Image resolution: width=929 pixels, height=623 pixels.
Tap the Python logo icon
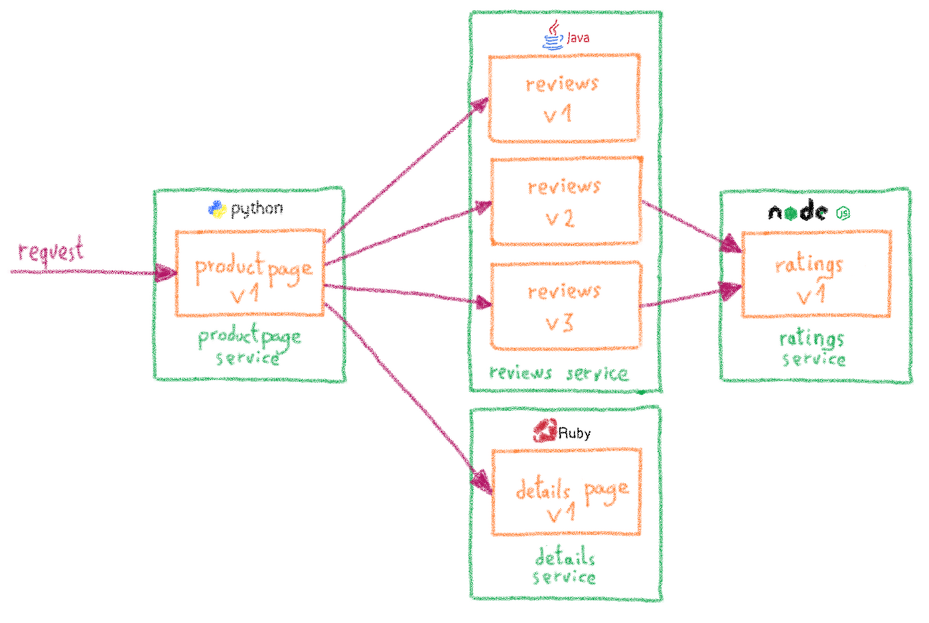click(x=217, y=209)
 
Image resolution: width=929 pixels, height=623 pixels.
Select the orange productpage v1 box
click(x=250, y=273)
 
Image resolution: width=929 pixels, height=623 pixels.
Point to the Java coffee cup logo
click(x=553, y=35)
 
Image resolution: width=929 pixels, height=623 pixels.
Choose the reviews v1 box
click(x=563, y=98)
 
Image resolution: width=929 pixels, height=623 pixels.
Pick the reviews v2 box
click(x=566, y=201)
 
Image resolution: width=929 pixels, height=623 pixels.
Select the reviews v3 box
click(x=566, y=306)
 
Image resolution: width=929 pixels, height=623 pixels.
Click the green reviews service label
click(x=558, y=374)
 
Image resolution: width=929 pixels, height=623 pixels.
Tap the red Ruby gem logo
click(x=545, y=431)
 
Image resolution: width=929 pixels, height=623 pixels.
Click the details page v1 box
click(x=566, y=492)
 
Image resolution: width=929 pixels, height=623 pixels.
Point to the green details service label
click(x=565, y=566)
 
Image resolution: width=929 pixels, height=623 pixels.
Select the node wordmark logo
click(x=798, y=212)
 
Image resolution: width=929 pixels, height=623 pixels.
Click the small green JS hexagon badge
click(x=843, y=213)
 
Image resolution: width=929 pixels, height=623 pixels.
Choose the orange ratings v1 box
click(x=816, y=274)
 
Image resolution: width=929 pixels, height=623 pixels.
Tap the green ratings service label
click(x=812, y=349)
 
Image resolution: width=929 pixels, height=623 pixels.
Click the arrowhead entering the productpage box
click(x=166, y=273)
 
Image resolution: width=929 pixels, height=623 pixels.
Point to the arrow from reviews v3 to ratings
click(x=683, y=297)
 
